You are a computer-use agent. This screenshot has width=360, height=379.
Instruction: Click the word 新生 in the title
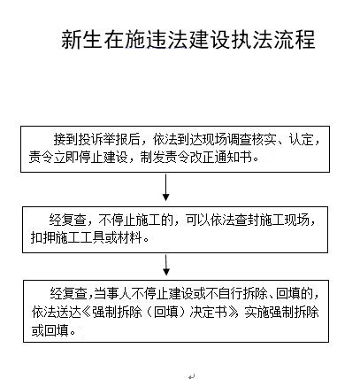pos(81,39)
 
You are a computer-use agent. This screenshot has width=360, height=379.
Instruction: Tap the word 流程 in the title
pos(295,39)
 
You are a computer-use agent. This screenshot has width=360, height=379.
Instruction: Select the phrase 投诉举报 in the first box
pos(103,139)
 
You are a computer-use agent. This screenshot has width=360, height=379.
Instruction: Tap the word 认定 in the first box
pos(301,139)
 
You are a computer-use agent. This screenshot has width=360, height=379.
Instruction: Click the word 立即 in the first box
pos(65,158)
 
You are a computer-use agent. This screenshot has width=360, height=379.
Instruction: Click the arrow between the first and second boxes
pos(166,188)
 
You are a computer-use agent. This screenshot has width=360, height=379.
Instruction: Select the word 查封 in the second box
pos(247,220)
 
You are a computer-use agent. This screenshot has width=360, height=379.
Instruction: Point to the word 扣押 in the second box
pos(43,237)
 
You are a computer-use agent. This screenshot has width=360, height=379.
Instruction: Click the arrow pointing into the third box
pos(166,266)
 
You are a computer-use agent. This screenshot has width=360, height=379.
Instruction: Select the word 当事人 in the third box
pos(112,294)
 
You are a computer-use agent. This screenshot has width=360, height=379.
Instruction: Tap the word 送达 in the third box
pos(69,313)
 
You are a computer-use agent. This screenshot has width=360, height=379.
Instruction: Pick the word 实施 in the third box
pos(257,313)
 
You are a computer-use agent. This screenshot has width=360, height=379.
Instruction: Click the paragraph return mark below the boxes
pos(192,376)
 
